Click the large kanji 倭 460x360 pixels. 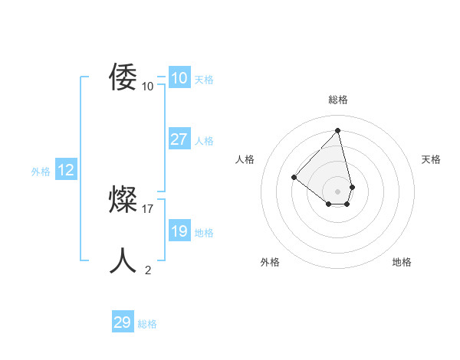tap(123, 77)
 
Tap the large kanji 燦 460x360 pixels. tap(123, 200)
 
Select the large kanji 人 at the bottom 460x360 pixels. tap(123, 261)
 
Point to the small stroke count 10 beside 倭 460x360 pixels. tap(148, 87)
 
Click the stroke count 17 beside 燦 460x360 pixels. tap(148, 208)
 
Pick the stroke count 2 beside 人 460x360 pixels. tap(148, 270)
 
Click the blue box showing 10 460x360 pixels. tap(179, 78)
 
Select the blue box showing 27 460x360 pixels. tap(179, 139)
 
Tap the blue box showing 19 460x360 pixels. tap(179, 231)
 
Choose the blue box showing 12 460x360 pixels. tap(66, 171)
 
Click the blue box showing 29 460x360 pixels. tap(123, 322)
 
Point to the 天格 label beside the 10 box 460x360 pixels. tap(204, 80)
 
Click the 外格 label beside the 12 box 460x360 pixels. tap(41, 172)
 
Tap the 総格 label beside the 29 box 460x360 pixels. tap(147, 324)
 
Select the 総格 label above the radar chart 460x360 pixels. tap(338, 100)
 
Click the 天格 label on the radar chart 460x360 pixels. tap(432, 159)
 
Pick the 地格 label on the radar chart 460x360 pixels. tap(402, 262)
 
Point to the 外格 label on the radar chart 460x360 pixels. tap(270, 262)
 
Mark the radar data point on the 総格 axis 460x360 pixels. tap(338, 130)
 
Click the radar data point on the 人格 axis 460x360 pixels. tap(294, 178)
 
